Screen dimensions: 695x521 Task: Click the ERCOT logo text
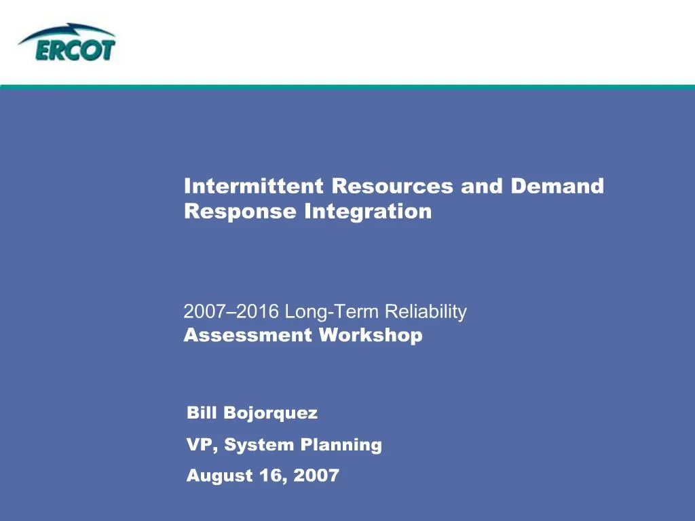75,50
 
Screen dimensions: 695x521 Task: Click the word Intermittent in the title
254,186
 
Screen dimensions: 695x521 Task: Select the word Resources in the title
392,186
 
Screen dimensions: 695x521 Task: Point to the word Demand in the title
557,186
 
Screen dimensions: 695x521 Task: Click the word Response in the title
240,212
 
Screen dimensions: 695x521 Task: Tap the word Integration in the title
368,212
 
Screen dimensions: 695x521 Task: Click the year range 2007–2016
231,311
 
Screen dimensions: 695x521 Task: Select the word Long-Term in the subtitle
331,312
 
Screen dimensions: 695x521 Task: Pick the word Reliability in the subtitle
426,312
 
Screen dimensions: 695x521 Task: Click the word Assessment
248,335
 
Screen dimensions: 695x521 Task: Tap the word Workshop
371,335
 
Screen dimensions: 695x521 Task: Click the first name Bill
202,412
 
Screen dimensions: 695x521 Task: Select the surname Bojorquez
270,414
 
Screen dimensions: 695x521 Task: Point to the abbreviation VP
202,445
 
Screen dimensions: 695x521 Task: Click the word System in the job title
259,445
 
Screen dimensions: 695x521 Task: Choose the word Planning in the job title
341,445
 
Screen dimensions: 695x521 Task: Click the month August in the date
219,476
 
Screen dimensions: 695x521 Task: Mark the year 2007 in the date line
316,476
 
